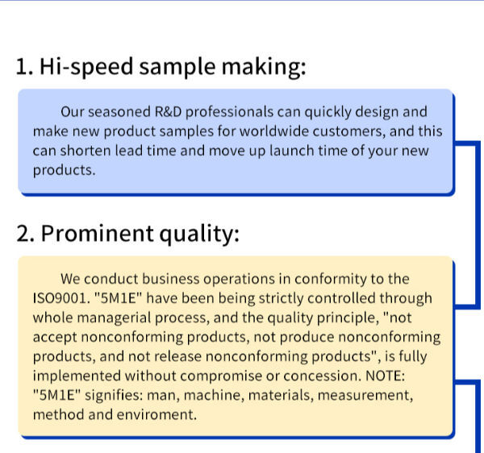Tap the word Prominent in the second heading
(97, 233)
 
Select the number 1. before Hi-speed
(24, 67)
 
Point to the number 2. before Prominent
(25, 234)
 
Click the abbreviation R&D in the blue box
(168, 111)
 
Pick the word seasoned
(119, 111)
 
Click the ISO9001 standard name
(60, 298)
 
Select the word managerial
(114, 318)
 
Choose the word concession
(322, 376)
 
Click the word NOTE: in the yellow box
(385, 376)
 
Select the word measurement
(365, 395)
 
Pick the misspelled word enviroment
(156, 415)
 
